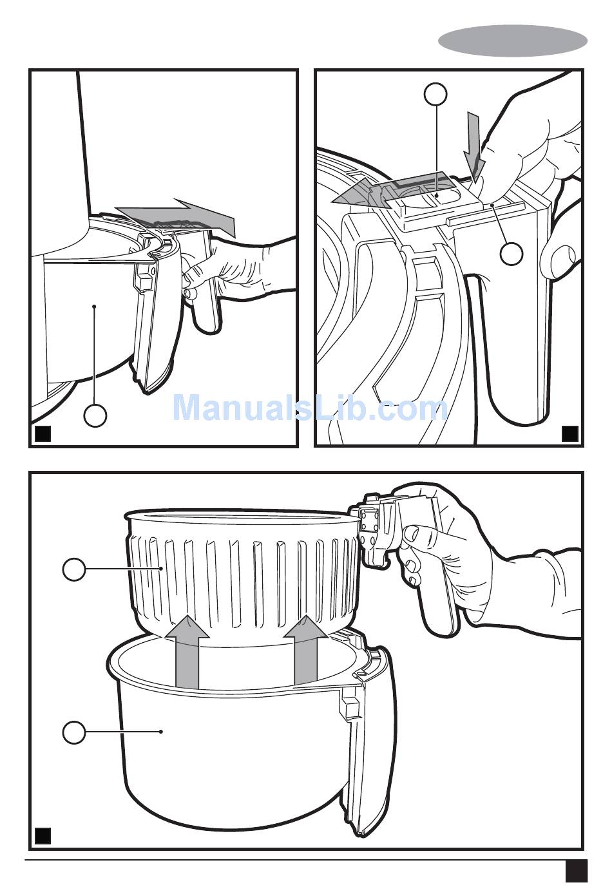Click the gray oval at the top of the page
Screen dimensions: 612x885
[512, 41]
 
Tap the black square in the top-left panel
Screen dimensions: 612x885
[43, 433]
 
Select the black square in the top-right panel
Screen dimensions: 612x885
[570, 433]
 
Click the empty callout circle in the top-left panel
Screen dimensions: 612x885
[95, 415]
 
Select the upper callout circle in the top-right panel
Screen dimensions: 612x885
[435, 95]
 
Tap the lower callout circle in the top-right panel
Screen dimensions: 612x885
[512, 254]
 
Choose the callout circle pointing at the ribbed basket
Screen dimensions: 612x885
[74, 569]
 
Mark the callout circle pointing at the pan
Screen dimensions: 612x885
[74, 732]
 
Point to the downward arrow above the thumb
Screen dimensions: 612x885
[474, 144]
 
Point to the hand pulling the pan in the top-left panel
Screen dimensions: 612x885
[241, 269]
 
